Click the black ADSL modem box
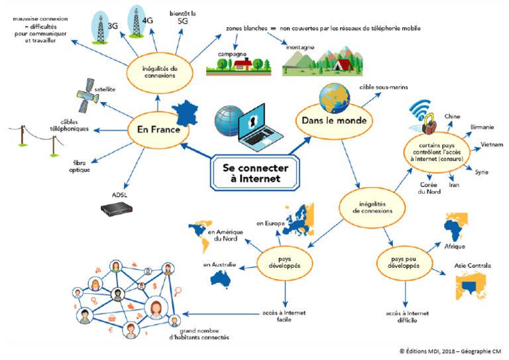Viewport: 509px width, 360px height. coord(119,210)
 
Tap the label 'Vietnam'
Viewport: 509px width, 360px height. coord(490,144)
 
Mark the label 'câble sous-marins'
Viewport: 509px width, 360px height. coord(402,88)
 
